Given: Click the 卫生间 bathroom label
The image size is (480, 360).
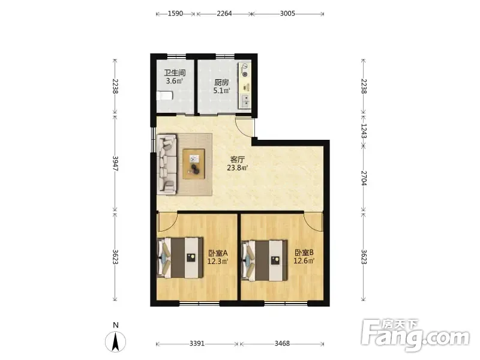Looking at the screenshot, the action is [175, 73].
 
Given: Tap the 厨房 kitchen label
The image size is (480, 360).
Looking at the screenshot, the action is [221, 82].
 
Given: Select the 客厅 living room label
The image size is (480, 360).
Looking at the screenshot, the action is [238, 160].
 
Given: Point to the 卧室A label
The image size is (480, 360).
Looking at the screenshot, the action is [218, 253].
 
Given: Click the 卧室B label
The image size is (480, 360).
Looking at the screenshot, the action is [304, 253].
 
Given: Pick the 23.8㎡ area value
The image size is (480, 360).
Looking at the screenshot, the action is [237, 168].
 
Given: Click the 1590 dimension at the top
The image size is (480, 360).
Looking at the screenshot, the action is [175, 13].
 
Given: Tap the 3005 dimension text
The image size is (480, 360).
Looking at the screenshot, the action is [287, 13].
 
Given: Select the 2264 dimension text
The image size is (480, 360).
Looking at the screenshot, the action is [224, 13].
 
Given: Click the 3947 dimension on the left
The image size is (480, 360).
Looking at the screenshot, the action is [115, 163].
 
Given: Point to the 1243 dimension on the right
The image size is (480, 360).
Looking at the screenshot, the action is [364, 131].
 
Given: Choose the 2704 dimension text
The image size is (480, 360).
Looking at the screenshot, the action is [364, 178].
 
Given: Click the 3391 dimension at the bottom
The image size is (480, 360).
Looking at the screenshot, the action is [197, 343].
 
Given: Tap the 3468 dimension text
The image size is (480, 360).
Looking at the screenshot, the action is [282, 343].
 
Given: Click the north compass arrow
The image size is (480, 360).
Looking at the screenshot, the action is [115, 341].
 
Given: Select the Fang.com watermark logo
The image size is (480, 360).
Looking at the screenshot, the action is [415, 335].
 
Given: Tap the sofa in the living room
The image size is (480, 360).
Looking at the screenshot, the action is [167, 164].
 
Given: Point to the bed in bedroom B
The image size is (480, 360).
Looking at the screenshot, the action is [265, 260].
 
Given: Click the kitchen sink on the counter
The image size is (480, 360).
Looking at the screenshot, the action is [245, 100].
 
